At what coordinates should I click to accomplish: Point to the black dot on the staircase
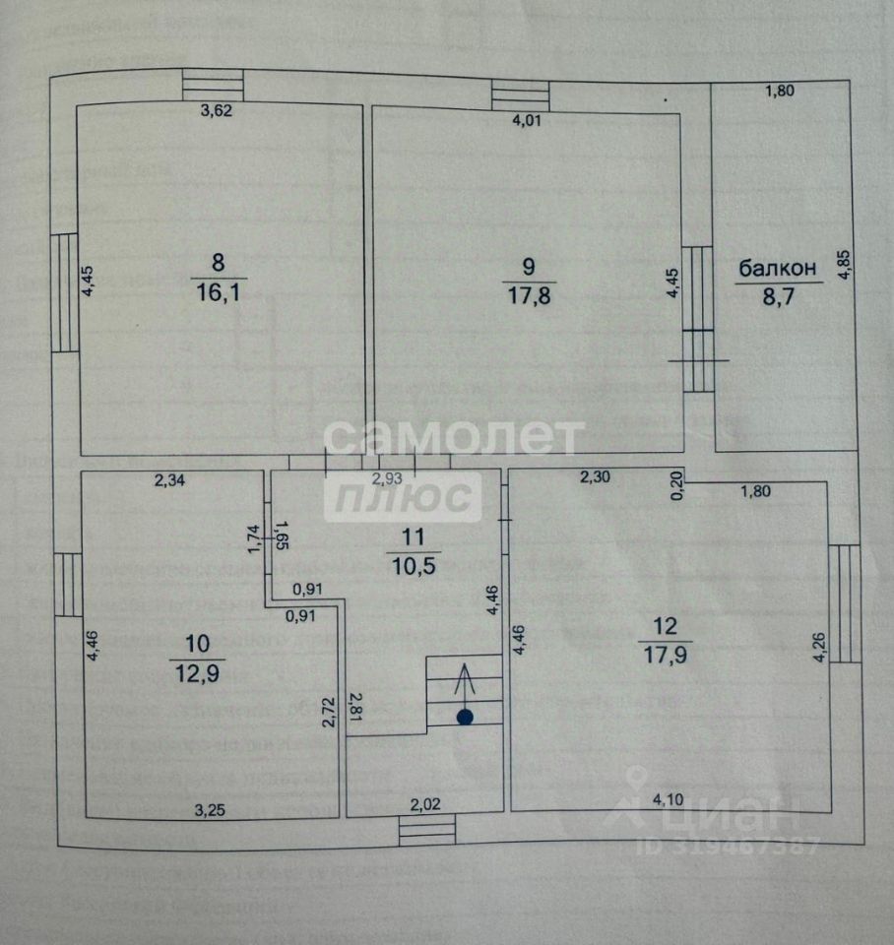point(465,718)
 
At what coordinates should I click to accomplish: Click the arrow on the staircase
point(465,685)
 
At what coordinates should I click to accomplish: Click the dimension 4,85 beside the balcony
point(844,265)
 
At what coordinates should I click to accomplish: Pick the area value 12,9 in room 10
point(197,673)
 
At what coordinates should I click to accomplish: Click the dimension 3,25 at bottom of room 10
point(210,810)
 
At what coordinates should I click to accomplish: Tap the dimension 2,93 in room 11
point(385,478)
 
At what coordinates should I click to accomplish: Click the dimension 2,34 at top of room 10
point(170,480)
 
